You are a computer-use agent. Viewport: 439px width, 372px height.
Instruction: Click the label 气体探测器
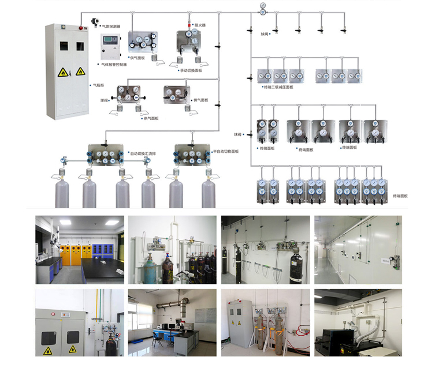(111, 27)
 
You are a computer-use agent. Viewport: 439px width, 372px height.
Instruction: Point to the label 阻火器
(200, 25)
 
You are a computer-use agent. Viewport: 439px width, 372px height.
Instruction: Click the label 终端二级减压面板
(279, 87)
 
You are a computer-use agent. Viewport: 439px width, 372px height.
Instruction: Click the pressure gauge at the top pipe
(263, 9)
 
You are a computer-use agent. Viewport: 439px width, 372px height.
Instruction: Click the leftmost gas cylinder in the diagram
(62, 193)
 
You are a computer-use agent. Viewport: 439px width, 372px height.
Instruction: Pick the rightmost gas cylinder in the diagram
(209, 193)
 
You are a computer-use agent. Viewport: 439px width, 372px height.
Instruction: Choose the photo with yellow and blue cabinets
(80, 250)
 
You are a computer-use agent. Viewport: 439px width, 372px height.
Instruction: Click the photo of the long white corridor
(358, 250)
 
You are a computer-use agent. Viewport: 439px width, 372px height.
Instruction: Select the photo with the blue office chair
(172, 321)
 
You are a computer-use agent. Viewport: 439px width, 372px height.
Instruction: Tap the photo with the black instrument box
(358, 321)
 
